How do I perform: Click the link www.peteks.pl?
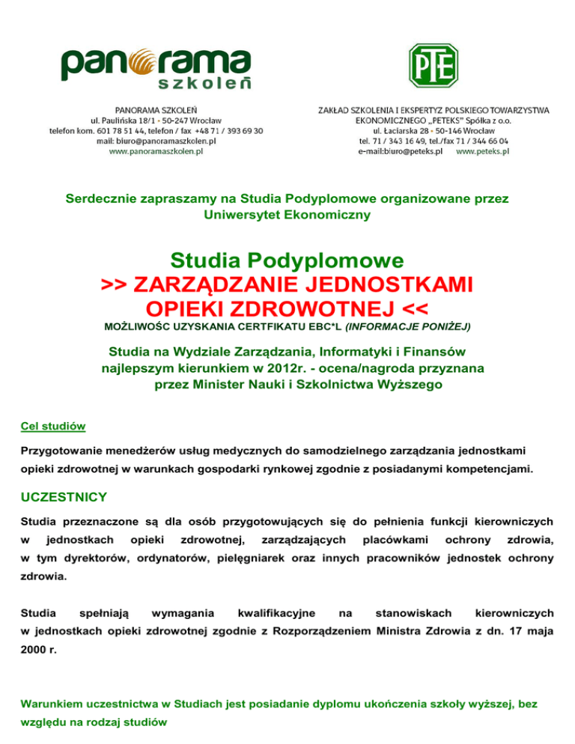(x=482, y=150)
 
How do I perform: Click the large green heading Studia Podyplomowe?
(x=287, y=260)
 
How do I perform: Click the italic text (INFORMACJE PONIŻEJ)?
(x=407, y=327)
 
